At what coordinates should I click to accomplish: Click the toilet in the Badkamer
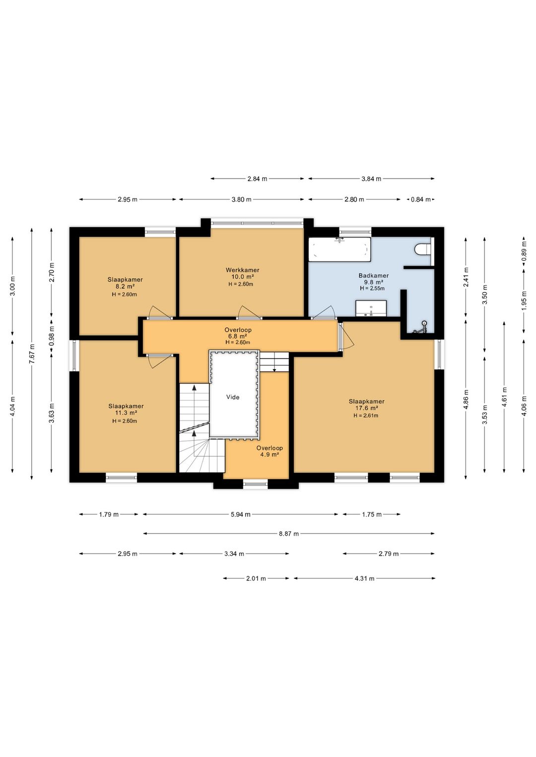(422, 250)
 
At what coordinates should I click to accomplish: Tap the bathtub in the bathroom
(339, 250)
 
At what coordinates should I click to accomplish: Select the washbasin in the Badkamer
(371, 309)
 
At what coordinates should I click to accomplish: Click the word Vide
(233, 397)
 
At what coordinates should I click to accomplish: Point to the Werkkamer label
(243, 270)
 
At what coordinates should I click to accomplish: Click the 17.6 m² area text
(367, 408)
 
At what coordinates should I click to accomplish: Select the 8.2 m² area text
(125, 286)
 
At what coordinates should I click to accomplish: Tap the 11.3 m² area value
(126, 413)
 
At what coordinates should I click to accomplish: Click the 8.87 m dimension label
(289, 534)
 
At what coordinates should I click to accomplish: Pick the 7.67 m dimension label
(31, 354)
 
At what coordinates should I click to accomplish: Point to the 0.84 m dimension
(421, 199)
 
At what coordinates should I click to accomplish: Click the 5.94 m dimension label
(240, 515)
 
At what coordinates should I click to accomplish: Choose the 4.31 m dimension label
(365, 578)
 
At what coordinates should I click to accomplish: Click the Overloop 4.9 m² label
(269, 451)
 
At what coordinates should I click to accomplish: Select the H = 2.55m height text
(372, 288)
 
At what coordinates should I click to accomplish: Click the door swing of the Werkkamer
(249, 312)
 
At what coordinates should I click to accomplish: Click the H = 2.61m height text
(366, 415)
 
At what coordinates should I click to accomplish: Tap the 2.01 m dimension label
(256, 578)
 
